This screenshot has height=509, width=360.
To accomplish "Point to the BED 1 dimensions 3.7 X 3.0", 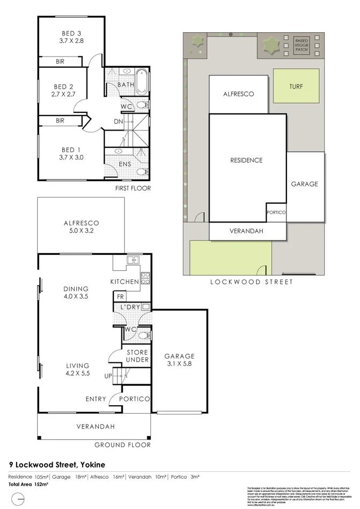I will click(72, 157).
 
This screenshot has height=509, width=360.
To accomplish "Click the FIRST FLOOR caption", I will click(133, 189).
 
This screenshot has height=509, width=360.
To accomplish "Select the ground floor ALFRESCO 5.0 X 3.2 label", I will click(81, 227).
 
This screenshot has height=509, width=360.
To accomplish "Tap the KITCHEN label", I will click(125, 282).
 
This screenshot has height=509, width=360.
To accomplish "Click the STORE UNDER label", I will click(138, 356).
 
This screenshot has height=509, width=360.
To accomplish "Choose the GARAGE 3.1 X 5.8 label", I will click(179, 360).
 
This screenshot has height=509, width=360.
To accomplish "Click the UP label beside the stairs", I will click(108, 376).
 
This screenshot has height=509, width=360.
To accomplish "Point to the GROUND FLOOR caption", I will click(123, 445).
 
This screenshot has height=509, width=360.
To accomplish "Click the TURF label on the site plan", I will click(296, 86).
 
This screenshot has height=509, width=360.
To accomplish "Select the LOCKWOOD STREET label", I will click(251, 282).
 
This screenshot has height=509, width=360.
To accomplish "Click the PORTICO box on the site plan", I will click(276, 212).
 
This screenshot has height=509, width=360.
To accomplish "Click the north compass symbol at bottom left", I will click(18, 499).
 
